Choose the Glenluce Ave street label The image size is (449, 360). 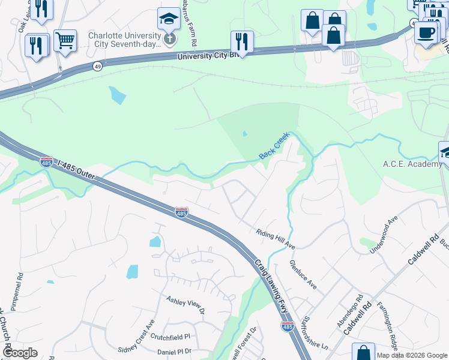point(303,275)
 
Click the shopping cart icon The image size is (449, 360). point(65,41)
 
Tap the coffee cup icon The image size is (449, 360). point(426,32)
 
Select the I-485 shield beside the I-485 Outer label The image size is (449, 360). point(46,161)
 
